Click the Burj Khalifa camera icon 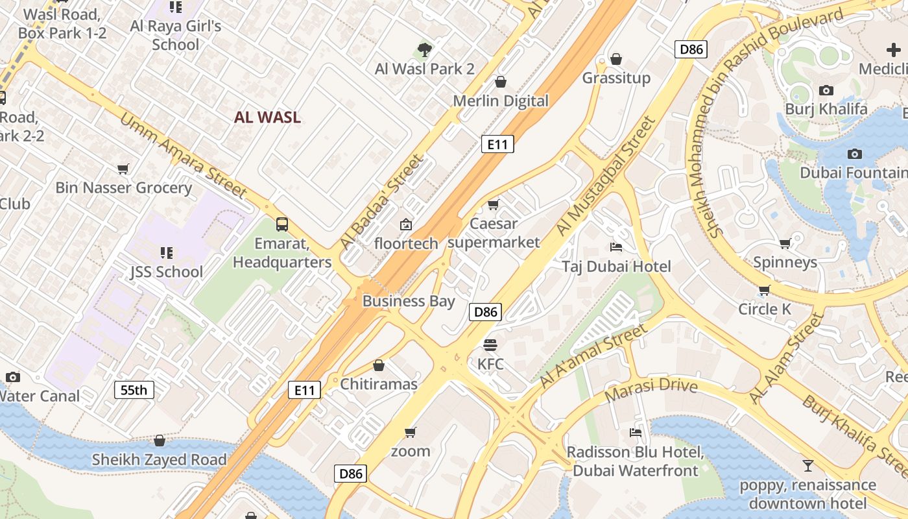click(826, 91)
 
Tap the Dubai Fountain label click(852, 173)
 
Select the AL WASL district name click(267, 117)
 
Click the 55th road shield click(134, 390)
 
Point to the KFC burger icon click(490, 344)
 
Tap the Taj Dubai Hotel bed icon click(616, 247)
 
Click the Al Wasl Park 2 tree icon click(425, 49)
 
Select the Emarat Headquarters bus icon click(282, 224)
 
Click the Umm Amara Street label click(183, 156)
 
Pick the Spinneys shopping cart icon click(785, 243)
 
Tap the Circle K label click(765, 309)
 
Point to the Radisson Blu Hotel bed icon click(636, 433)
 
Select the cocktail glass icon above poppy click(808, 465)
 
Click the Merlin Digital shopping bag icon click(501, 82)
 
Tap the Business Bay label click(409, 301)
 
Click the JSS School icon click(167, 252)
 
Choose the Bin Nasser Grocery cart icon click(123, 169)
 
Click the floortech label click(407, 243)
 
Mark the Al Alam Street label click(785, 358)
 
